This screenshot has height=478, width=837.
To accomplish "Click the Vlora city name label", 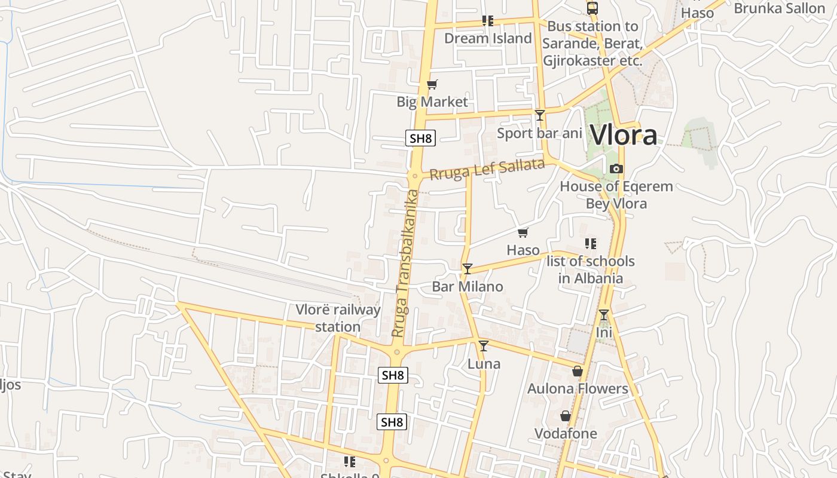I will point(624,135).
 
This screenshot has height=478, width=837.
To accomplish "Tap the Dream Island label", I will point(487,38).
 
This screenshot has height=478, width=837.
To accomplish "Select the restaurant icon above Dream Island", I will point(488,21).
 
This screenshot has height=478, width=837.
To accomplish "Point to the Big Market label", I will point(432,102).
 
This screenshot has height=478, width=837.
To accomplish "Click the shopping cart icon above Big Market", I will point(432,84).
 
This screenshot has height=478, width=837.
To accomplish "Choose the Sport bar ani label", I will point(539,133).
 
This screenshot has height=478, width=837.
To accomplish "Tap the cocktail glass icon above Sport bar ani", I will point(540,115).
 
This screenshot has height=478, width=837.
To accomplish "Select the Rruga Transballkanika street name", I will point(406,263).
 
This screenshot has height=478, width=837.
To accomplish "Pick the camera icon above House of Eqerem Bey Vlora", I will point(616,169).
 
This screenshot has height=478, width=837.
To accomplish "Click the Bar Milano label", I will point(468,286).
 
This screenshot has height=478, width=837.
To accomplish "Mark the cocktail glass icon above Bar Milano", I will point(468,269).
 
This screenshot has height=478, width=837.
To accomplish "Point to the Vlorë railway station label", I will point(338,318).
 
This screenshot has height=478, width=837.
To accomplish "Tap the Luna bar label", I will point(484,363).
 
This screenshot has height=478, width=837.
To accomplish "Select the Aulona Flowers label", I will point(578,388).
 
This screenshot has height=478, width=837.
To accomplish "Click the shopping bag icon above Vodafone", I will point(566,416).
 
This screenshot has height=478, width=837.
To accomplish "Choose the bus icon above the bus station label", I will point(592,8).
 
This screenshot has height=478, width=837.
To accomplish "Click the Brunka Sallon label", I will point(779,8).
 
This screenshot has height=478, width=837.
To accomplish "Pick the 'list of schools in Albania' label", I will point(591,269).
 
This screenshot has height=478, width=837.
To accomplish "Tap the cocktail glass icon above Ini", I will point(604,314).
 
